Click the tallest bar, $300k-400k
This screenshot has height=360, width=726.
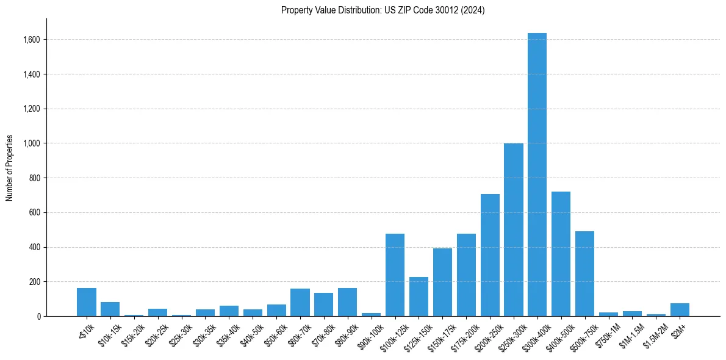click(537, 175)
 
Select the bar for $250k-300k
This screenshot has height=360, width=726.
click(513, 230)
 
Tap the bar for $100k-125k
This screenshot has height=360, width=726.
click(395, 275)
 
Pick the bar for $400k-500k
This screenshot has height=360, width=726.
click(561, 254)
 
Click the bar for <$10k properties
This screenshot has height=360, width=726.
click(87, 302)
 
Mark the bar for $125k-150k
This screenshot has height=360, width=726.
click(419, 297)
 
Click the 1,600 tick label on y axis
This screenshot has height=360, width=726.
click(32, 40)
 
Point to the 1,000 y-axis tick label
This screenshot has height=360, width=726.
click(32, 143)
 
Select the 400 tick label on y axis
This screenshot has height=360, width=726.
click(35, 247)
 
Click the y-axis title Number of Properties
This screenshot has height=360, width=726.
click(10, 167)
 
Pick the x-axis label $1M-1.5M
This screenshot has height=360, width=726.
click(631, 334)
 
